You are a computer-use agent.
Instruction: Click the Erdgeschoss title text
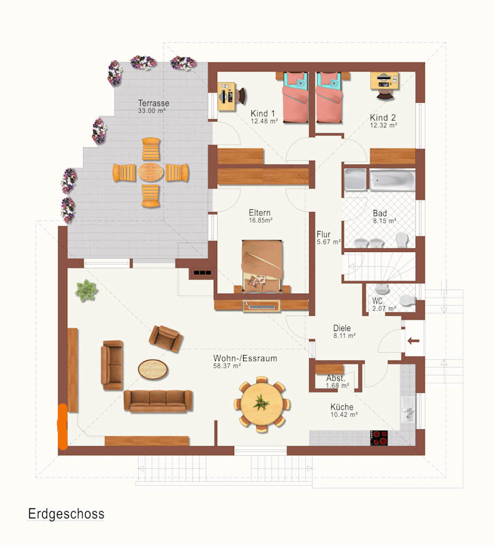(x=66, y=514)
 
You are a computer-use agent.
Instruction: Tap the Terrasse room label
(x=153, y=104)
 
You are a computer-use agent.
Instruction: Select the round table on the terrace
(x=150, y=172)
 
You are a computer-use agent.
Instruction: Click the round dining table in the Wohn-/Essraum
(x=262, y=404)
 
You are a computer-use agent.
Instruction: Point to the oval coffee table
(x=153, y=369)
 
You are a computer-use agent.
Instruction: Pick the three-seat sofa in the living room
(x=158, y=401)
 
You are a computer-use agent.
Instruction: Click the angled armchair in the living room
(x=166, y=339)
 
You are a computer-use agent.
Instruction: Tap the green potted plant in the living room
(x=86, y=291)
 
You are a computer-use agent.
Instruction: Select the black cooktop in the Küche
(x=379, y=438)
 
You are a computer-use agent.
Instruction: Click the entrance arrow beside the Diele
(x=413, y=341)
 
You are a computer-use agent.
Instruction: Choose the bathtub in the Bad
(x=392, y=180)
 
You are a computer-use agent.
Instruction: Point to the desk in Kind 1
(x=227, y=96)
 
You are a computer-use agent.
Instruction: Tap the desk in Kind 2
(x=384, y=80)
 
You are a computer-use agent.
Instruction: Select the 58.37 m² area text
(x=227, y=366)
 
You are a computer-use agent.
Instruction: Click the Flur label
(x=323, y=234)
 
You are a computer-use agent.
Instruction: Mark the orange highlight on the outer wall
(x=63, y=426)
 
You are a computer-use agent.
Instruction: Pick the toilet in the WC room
(x=407, y=300)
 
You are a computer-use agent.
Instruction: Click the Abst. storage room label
(x=336, y=378)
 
